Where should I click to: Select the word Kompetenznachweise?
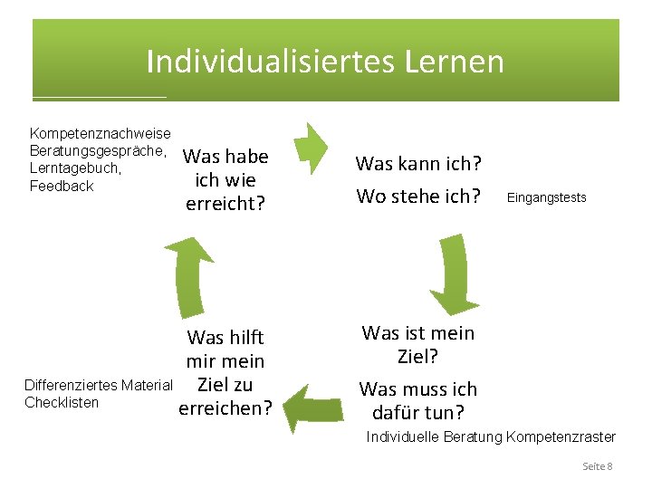click(x=101, y=134)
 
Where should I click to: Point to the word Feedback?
click(x=62, y=186)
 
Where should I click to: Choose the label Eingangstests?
click(x=546, y=197)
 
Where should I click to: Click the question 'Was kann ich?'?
click(x=418, y=164)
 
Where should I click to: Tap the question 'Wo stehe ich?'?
click(x=418, y=197)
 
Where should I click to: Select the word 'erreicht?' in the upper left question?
click(x=225, y=203)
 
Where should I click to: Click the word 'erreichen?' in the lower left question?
click(x=225, y=407)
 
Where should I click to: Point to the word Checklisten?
click(x=62, y=402)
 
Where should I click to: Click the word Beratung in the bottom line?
click(x=472, y=437)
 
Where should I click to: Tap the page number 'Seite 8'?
click(x=597, y=466)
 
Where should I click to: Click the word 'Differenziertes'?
click(x=71, y=386)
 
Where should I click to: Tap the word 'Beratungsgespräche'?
click(x=97, y=151)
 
